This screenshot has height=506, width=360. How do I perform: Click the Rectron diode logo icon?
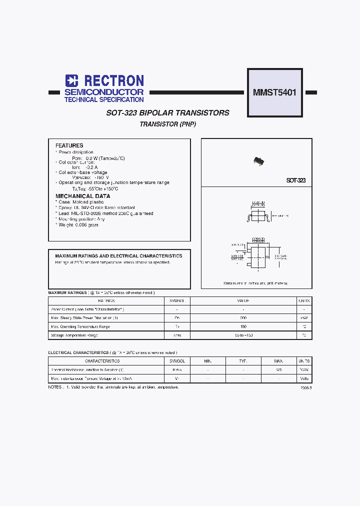[71, 80]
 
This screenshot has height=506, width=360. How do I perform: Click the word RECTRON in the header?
[114, 80]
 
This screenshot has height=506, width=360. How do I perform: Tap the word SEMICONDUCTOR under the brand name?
[104, 92]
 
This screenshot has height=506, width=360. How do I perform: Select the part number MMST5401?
[274, 92]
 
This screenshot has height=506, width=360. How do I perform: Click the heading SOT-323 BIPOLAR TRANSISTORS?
[168, 113]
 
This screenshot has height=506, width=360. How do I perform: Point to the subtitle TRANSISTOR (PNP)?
[168, 124]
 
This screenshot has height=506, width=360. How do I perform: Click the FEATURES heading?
[69, 145]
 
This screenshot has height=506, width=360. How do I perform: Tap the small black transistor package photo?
[258, 161]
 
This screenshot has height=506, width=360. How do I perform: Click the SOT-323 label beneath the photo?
[296, 180]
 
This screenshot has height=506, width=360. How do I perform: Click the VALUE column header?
[243, 301]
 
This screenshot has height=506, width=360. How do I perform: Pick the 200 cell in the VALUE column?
[243, 318]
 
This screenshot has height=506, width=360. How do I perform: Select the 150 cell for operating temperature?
[243, 326]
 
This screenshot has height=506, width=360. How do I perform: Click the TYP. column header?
[243, 361]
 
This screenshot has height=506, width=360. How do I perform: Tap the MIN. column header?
[208, 361]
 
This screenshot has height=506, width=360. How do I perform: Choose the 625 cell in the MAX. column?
[278, 370]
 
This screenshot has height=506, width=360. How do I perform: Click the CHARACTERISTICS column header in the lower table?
[102, 361]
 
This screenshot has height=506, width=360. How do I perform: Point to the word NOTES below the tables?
[55, 387]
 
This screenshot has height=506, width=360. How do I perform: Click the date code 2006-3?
[306, 388]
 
